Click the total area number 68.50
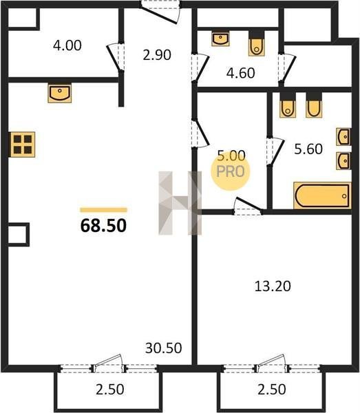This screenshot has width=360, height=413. click(103, 226)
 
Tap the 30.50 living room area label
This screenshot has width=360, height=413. click(164, 348)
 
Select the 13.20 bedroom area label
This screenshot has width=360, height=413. click(273, 286)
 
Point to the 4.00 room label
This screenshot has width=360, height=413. click(67, 45)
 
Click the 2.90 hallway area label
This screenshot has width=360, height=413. click(157, 55)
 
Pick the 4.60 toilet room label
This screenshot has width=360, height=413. click(241, 73)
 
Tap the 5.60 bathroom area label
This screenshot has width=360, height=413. click(308, 149)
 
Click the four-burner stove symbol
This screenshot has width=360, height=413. click(23, 145)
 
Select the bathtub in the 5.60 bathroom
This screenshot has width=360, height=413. click(322, 195)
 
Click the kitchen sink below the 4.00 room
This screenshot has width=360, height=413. click(60, 93)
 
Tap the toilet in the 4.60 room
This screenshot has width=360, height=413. click(256, 43)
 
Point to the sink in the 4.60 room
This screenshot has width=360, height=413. click(220, 39)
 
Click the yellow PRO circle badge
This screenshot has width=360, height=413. click(231, 171)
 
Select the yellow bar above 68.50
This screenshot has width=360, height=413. click(103, 210)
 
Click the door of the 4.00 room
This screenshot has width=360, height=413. click(116, 57)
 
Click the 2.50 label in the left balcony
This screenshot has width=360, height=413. click(110, 390)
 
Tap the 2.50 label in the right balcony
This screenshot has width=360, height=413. click(271, 390)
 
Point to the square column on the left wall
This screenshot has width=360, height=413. click(19, 235)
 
